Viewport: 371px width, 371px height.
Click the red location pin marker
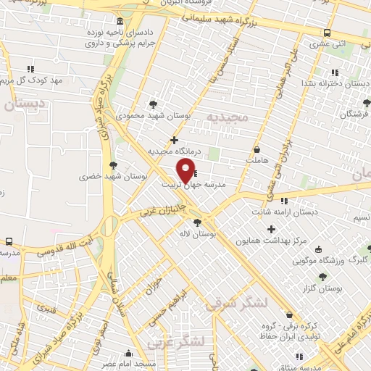pos(186,171)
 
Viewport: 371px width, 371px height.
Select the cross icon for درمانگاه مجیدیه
pos(174,140)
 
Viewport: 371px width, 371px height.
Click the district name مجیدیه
pos(227,116)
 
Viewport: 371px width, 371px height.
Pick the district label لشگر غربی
pos(176,341)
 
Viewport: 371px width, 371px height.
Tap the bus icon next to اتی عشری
pos(328,33)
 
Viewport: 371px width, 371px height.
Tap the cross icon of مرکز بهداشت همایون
pos(272,230)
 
